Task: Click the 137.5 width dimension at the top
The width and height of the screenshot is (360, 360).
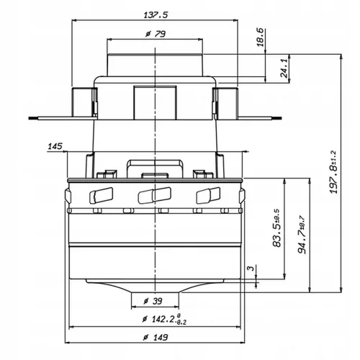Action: (156, 14)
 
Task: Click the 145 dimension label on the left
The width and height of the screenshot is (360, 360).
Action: (53, 147)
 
